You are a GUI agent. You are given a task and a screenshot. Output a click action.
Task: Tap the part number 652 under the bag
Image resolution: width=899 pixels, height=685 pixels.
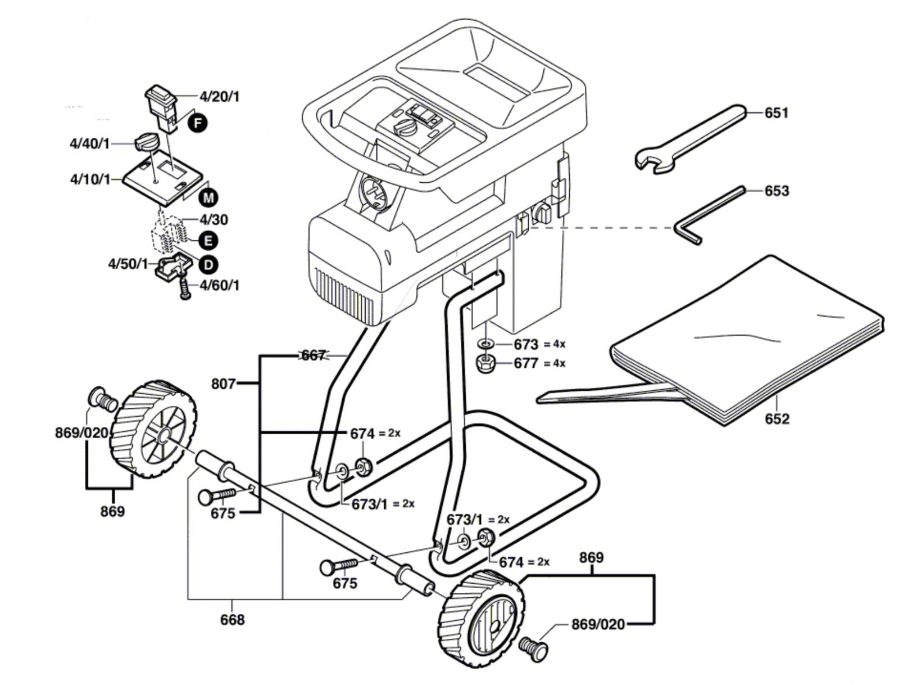(777, 418)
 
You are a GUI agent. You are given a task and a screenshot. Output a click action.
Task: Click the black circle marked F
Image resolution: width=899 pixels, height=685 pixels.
(198, 123)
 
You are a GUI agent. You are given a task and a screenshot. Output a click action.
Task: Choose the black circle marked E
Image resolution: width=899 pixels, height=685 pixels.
(208, 241)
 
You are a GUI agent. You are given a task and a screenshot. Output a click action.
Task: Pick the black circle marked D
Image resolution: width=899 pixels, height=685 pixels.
(208, 265)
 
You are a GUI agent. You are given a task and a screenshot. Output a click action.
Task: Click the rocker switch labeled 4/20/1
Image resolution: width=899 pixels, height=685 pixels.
(161, 107)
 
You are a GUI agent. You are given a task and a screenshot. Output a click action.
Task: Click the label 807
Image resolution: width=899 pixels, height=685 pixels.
(224, 384)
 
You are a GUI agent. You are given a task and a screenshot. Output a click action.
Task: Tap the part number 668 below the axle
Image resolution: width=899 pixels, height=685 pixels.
(232, 620)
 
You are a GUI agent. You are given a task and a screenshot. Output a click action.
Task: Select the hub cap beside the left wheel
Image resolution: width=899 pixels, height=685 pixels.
(102, 398)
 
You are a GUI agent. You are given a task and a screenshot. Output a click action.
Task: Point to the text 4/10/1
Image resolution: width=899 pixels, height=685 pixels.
(90, 179)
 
